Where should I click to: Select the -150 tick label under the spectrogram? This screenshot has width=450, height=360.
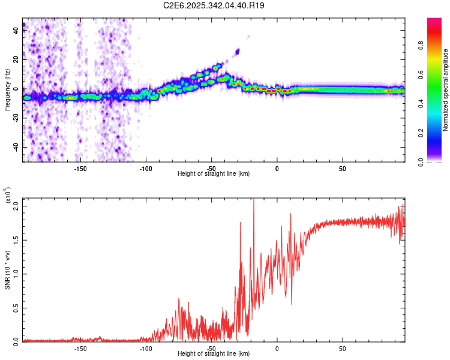coord(80,168)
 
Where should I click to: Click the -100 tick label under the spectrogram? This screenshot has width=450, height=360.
coord(146,168)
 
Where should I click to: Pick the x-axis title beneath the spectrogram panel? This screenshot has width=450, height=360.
coord(214,174)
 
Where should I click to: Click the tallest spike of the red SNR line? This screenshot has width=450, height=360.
coord(253,200)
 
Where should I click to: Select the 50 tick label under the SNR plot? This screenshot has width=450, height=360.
coord(342,349)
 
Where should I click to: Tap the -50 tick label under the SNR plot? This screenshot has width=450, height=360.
coord(211,349)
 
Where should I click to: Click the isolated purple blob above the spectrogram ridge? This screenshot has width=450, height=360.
coord(238,52)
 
